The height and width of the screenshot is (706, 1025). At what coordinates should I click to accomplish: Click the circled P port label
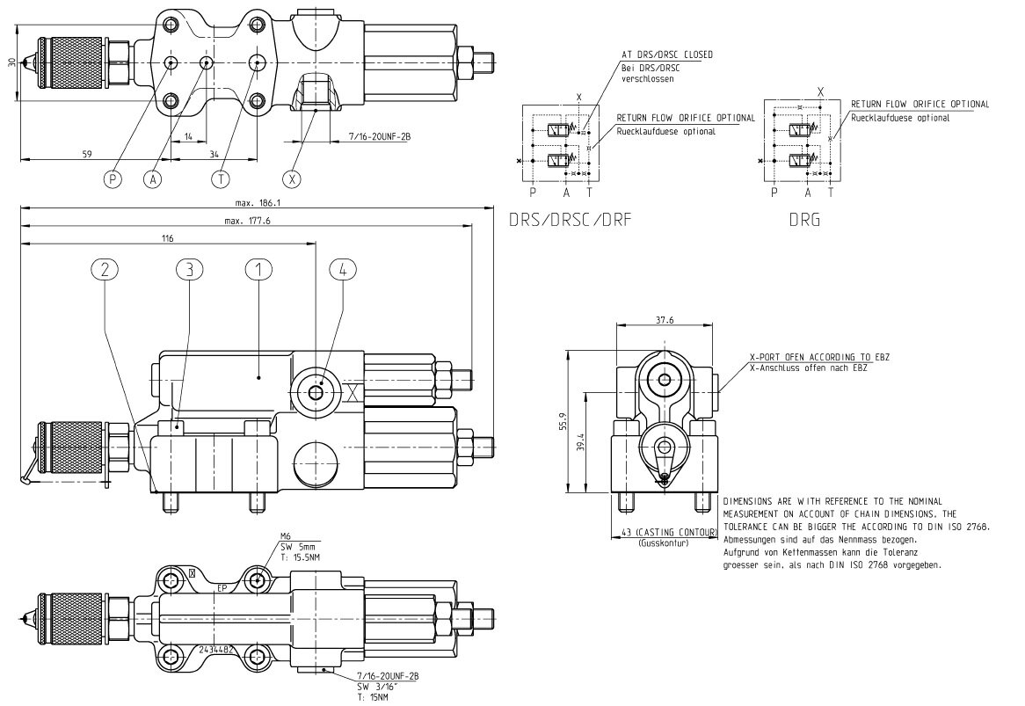point(113,178)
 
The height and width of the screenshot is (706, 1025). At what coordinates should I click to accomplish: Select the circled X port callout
point(294,178)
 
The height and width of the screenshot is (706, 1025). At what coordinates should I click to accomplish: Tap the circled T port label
point(220,178)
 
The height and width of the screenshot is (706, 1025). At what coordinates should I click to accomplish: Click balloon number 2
point(105,270)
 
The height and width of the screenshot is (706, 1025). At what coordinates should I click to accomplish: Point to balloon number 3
point(189,270)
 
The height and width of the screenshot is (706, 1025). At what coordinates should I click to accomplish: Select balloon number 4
point(343,270)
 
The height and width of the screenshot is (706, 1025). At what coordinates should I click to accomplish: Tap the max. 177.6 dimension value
point(247,221)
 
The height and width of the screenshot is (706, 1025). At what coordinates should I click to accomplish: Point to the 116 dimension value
point(168,238)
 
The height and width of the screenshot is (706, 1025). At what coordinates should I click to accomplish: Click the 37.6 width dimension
point(665,321)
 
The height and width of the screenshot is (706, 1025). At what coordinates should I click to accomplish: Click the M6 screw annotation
point(285,535)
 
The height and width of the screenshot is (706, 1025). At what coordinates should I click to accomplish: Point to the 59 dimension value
point(87,154)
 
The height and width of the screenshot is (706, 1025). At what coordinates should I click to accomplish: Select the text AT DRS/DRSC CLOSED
point(667,55)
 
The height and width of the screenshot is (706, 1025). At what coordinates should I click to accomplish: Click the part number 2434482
point(215,649)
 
